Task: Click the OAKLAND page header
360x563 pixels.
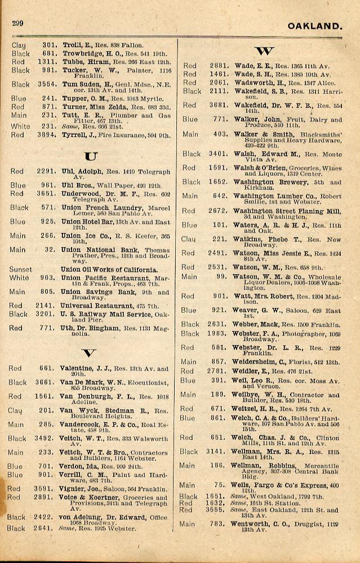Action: point(314,26)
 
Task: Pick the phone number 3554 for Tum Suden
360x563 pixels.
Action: point(49,84)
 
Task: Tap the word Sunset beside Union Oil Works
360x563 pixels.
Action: point(21,270)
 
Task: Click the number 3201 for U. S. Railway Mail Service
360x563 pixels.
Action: point(49,314)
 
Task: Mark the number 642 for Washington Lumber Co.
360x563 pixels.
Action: point(219,196)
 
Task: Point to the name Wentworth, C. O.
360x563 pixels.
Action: point(261,524)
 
